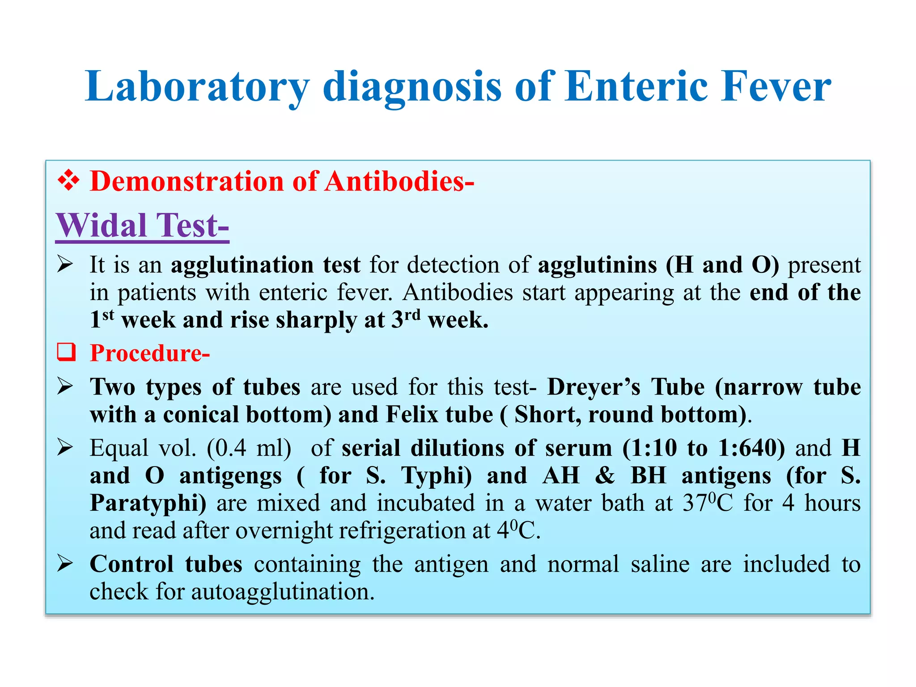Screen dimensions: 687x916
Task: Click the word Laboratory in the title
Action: [197, 87]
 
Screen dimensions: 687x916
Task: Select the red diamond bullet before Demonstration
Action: [68, 181]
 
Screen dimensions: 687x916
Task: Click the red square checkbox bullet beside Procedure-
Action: [66, 352]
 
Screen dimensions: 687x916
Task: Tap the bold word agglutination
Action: [242, 265]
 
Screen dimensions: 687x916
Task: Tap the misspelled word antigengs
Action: [230, 476]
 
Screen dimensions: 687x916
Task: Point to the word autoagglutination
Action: [283, 592]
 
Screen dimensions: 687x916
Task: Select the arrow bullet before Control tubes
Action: [65, 564]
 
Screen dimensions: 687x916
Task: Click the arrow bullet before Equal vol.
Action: [65, 448]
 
